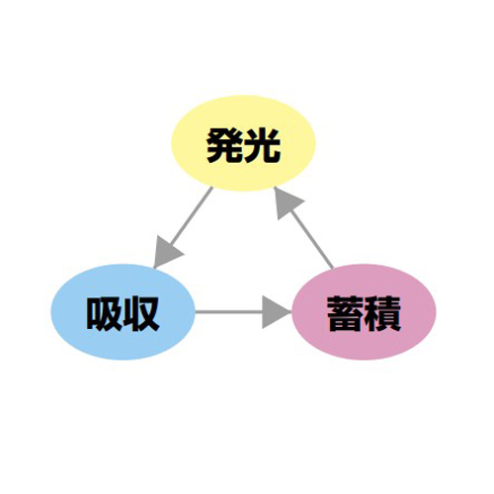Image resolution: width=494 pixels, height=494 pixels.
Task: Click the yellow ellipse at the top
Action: pyautogui.click(x=243, y=143)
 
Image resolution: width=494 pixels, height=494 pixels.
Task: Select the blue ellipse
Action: pyautogui.click(x=123, y=312)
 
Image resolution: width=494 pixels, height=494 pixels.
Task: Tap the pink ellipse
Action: pyautogui.click(x=365, y=312)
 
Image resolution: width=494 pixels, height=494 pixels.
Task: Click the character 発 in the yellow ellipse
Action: pyautogui.click(x=225, y=145)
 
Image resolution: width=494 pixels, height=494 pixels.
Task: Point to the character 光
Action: pyautogui.click(x=262, y=145)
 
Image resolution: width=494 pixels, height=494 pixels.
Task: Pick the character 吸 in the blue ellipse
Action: pyautogui.click(x=105, y=314)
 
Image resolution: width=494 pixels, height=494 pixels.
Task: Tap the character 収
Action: pyautogui.click(x=141, y=314)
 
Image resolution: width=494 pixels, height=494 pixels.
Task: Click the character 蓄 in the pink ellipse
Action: pyautogui.click(x=346, y=314)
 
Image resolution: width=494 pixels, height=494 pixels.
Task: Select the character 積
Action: pyautogui.click(x=382, y=314)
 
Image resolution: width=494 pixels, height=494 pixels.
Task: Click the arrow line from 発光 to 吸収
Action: pyautogui.click(x=183, y=227)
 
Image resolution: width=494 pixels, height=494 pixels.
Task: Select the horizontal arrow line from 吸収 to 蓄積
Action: pyautogui.click(x=244, y=312)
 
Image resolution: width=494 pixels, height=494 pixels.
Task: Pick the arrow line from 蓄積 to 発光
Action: pyautogui.click(x=303, y=227)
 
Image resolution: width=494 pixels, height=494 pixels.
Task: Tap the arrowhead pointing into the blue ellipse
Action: pyautogui.click(x=167, y=252)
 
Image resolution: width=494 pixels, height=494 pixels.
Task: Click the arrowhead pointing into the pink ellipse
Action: pyautogui.click(x=276, y=312)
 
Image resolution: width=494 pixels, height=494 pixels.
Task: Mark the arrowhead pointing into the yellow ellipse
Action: pyautogui.click(x=287, y=203)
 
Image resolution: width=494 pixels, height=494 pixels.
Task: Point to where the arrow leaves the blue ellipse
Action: pyautogui.click(x=196, y=312)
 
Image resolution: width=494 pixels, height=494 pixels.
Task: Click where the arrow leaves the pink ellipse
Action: pyautogui.click(x=333, y=269)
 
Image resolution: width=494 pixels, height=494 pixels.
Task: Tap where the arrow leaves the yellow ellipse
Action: pyautogui.click(x=212, y=188)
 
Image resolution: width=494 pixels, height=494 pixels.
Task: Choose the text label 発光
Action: pyautogui.click(x=243, y=145)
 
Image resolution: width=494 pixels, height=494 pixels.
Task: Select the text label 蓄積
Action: pyautogui.click(x=364, y=314)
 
